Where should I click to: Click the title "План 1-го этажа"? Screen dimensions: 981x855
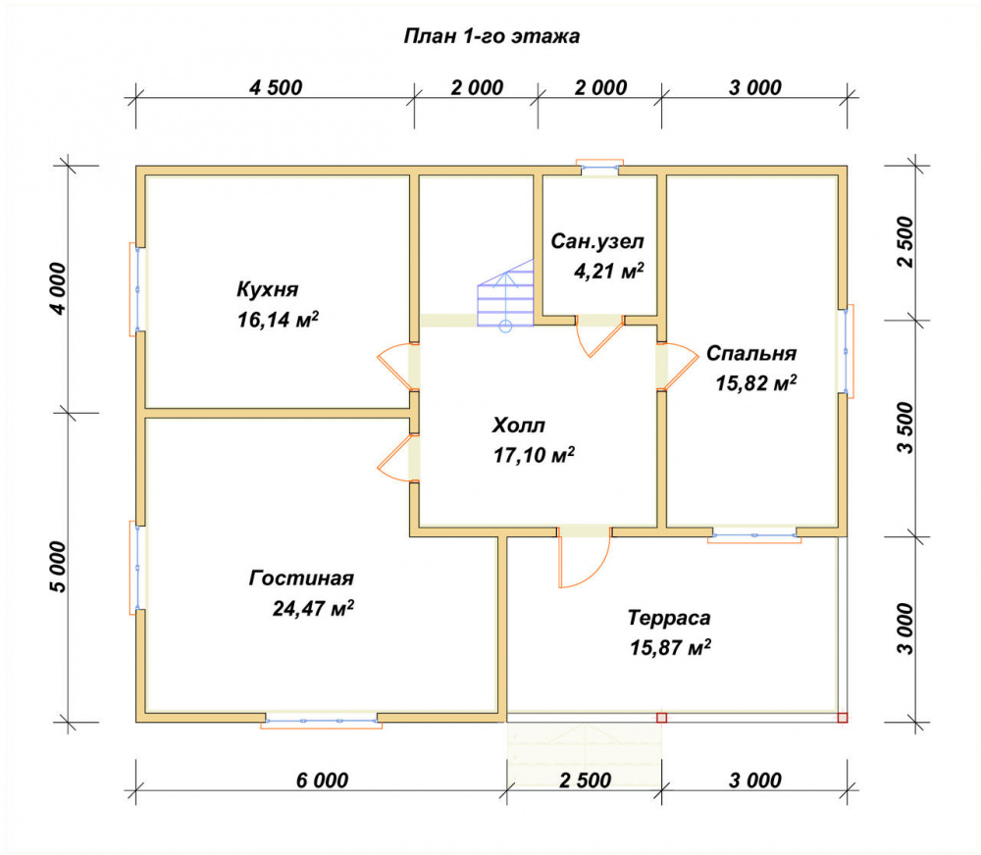tap(491, 36)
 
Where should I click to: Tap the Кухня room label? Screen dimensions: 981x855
tap(267, 289)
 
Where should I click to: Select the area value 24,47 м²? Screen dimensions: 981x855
tap(313, 608)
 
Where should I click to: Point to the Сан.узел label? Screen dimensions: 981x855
tap(596, 241)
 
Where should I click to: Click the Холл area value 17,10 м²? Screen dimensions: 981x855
tap(534, 455)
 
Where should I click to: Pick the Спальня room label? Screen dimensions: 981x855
tap(751, 353)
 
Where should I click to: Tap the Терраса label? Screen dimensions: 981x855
tap(669, 618)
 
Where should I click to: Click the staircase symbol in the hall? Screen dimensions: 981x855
tap(505, 294)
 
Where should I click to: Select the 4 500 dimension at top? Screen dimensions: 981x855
tap(276, 87)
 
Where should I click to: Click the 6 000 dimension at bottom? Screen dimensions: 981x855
tap(322, 780)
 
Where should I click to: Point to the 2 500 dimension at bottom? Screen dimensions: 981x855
tap(585, 780)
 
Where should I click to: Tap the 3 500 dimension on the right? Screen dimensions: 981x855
tap(905, 427)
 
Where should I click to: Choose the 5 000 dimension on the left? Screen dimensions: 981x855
tap(58, 567)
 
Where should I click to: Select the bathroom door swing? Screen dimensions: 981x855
tap(598, 337)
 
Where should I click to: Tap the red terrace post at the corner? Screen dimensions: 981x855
tap(842, 718)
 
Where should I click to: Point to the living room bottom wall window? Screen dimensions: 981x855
tap(321, 721)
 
